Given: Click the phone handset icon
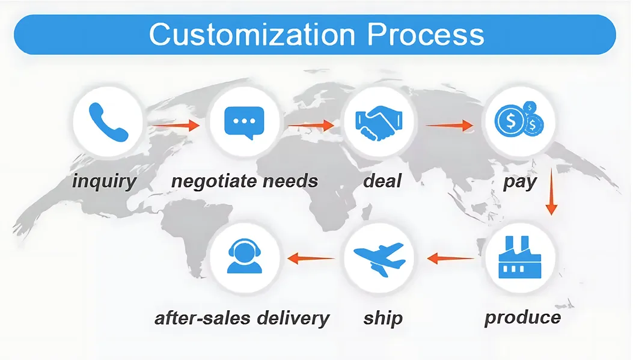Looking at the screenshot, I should point(108,122).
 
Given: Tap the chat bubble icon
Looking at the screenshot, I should point(243,122).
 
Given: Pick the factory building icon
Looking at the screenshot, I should point(521,258).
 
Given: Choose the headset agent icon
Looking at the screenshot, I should point(243,257).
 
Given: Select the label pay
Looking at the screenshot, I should point(519,181).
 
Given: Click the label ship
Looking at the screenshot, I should point(383,317).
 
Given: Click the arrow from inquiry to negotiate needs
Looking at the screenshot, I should point(175,126).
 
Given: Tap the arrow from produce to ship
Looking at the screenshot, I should point(452,259).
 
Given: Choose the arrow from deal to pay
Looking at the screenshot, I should point(450,126).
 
